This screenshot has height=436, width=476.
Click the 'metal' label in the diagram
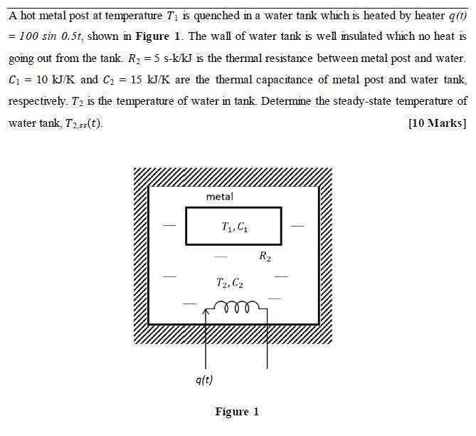tap(219, 196)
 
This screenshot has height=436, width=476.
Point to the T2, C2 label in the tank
tap(230, 283)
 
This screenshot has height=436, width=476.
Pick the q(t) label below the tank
tap(204, 380)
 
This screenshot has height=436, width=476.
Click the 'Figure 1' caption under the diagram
tap(237, 412)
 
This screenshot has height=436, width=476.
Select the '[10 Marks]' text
tap(437, 123)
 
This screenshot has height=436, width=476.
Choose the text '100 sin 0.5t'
tap(45, 36)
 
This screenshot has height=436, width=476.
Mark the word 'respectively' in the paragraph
tap(37, 101)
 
